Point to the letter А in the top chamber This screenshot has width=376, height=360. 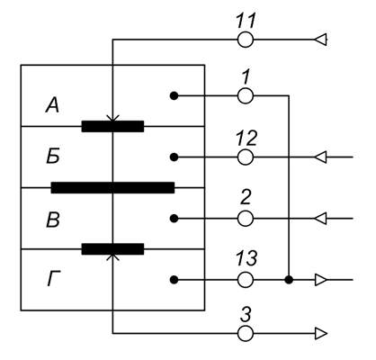[x=52, y=106]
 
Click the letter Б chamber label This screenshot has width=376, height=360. [x=53, y=157]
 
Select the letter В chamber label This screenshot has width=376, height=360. [x=53, y=220]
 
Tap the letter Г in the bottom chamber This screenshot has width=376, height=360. [x=54, y=279]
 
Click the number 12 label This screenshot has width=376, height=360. [x=246, y=138]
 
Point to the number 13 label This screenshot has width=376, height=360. [x=246, y=258]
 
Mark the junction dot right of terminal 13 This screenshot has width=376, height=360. [x=289, y=280]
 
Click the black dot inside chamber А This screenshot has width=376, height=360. [x=174, y=95]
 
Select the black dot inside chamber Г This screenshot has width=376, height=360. [x=174, y=280]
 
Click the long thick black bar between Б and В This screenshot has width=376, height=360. [x=112, y=187]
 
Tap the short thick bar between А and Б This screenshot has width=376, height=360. [x=112, y=126]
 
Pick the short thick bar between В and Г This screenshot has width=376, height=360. [x=112, y=249]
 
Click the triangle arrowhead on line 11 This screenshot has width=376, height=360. [x=320, y=40]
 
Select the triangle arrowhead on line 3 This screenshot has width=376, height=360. [x=320, y=333]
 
